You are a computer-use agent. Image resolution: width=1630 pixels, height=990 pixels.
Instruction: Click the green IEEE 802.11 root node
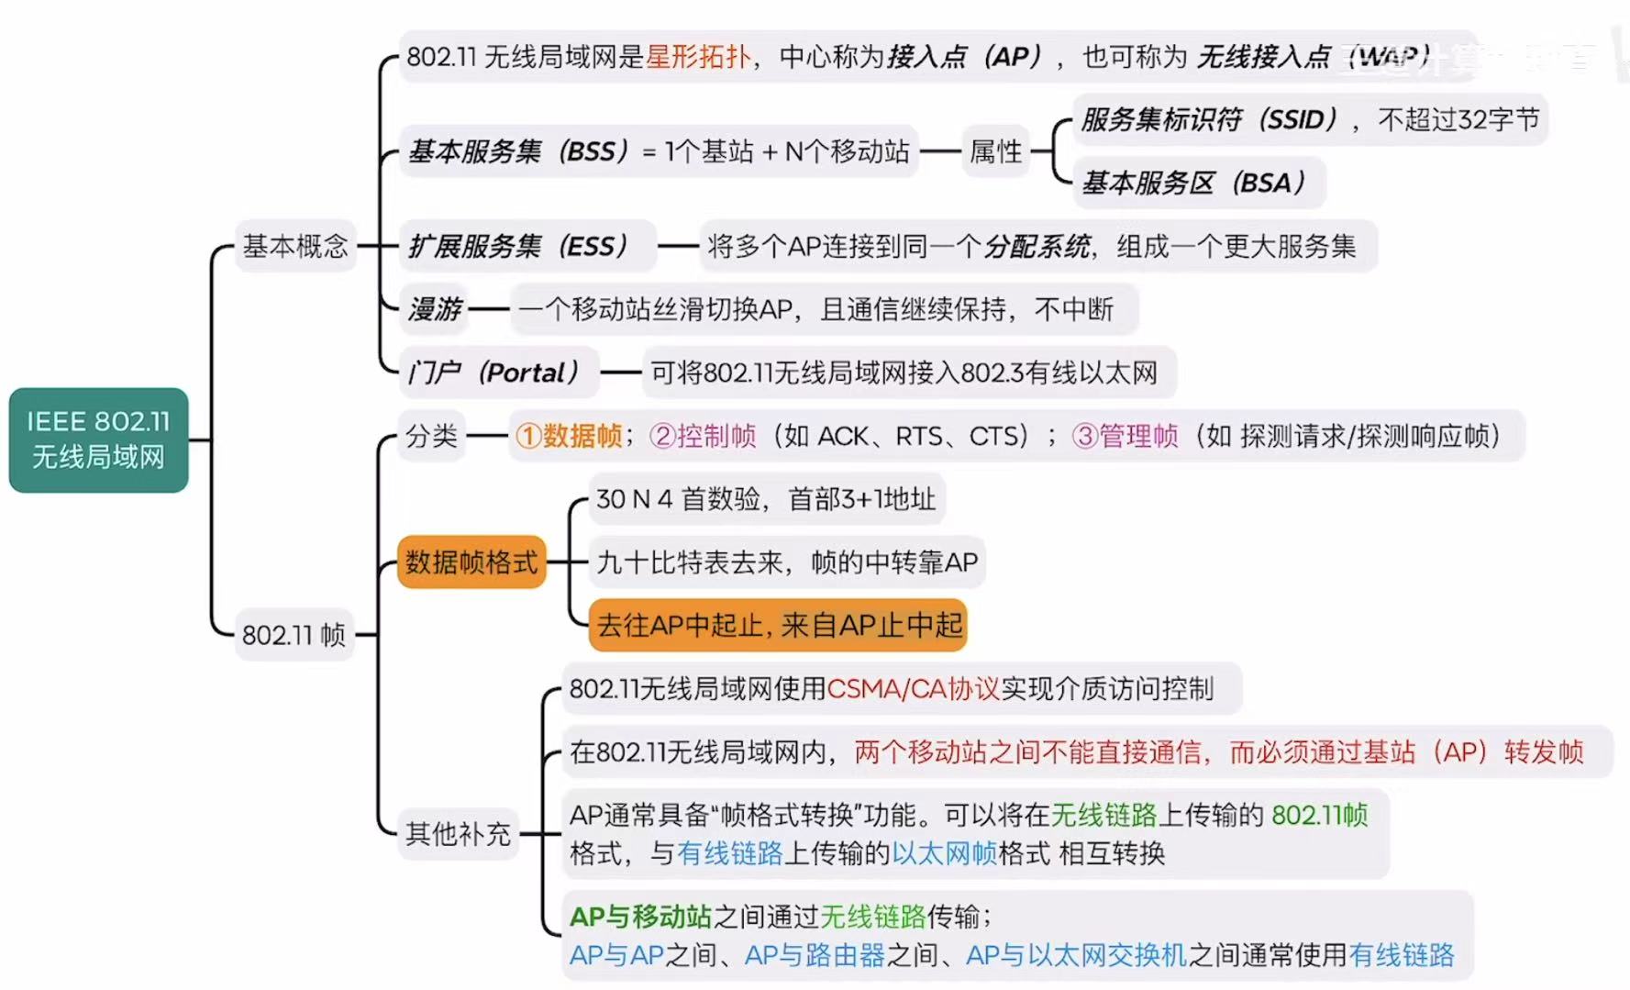point(98,439)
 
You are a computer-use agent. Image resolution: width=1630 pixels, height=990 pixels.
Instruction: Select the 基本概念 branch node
point(294,246)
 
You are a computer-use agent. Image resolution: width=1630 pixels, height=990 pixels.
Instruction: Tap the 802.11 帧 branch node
point(294,634)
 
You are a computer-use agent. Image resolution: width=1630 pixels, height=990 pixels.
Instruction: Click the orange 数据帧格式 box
point(471,562)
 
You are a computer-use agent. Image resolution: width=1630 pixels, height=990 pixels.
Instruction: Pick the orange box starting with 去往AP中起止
point(778,625)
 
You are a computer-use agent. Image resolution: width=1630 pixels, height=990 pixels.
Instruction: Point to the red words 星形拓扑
point(698,57)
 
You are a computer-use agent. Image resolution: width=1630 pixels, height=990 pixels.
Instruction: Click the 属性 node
point(995,151)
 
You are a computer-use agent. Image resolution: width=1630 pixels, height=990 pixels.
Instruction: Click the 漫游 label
point(435,309)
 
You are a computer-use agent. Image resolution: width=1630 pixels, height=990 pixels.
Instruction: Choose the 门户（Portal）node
point(495,373)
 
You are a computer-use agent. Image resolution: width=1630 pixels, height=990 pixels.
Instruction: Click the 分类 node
point(431,435)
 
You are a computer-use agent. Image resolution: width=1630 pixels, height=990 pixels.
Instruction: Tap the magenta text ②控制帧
point(703,435)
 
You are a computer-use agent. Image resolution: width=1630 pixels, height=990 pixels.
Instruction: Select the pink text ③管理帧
point(1125,435)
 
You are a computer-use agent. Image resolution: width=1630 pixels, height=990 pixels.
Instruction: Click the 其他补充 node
point(458,833)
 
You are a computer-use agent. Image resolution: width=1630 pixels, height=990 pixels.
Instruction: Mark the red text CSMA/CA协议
point(913,688)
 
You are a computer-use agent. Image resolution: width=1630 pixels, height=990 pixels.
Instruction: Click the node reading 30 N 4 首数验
point(765,498)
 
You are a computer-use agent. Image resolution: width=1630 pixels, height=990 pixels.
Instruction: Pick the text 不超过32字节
point(1458,119)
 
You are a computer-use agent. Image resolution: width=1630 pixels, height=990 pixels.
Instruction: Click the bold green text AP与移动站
point(640,916)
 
